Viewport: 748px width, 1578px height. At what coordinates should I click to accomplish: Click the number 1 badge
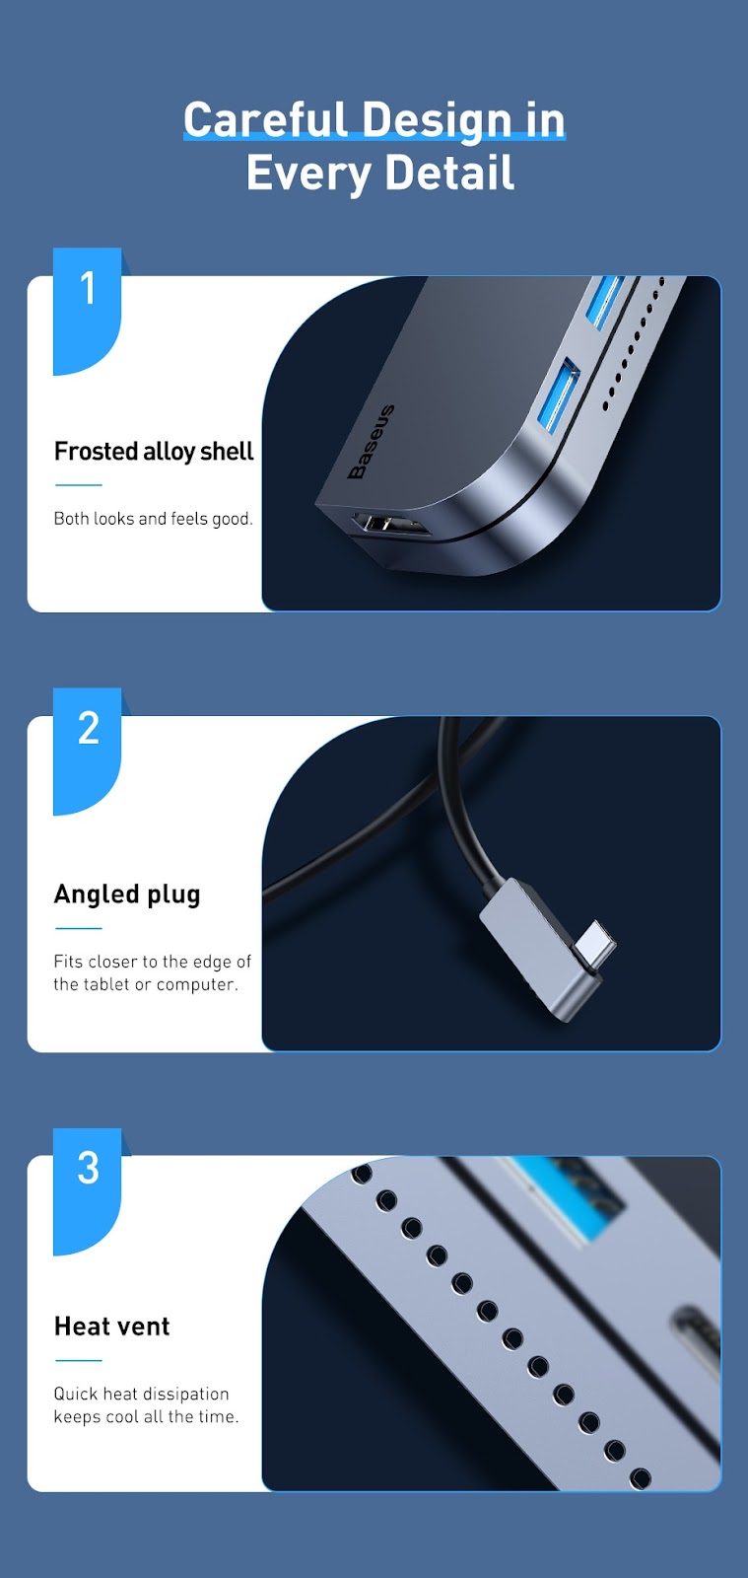88,311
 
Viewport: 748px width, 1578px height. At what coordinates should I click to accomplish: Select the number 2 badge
88,751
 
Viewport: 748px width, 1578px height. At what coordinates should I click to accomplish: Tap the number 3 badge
88,1191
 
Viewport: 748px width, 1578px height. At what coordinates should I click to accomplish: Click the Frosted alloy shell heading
154,452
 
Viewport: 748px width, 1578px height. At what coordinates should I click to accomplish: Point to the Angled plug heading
127,895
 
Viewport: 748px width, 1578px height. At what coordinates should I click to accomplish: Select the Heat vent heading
112,1326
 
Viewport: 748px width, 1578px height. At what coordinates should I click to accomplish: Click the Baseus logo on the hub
371,442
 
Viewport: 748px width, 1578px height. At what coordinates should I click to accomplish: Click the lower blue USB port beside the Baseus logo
559,394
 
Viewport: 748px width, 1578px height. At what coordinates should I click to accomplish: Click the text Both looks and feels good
154,519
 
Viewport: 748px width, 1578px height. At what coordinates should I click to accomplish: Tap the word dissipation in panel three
186,1394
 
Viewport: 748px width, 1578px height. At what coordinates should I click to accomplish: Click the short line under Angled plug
79,928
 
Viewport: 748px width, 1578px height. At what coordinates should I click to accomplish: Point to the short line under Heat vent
79,1360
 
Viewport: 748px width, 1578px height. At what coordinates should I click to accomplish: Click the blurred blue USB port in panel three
570,1198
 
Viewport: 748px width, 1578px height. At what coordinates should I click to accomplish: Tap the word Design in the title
438,119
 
